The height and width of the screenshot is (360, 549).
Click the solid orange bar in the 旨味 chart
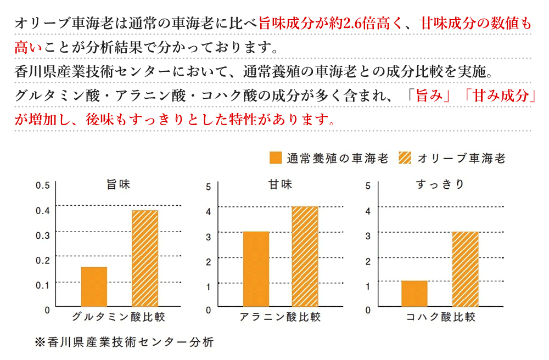click(x=94, y=286)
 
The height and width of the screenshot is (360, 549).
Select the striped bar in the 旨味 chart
click(x=145, y=258)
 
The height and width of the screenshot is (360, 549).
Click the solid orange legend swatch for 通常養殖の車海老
click(x=276, y=158)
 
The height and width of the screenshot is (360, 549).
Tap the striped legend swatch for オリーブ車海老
click(x=405, y=158)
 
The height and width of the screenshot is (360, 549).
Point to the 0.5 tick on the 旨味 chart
click(x=42, y=185)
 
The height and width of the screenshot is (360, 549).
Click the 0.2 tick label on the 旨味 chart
click(x=42, y=260)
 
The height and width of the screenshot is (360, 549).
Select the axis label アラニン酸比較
click(x=280, y=317)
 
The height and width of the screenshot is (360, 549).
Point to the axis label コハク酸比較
click(x=440, y=317)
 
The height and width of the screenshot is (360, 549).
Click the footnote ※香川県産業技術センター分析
click(x=124, y=341)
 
